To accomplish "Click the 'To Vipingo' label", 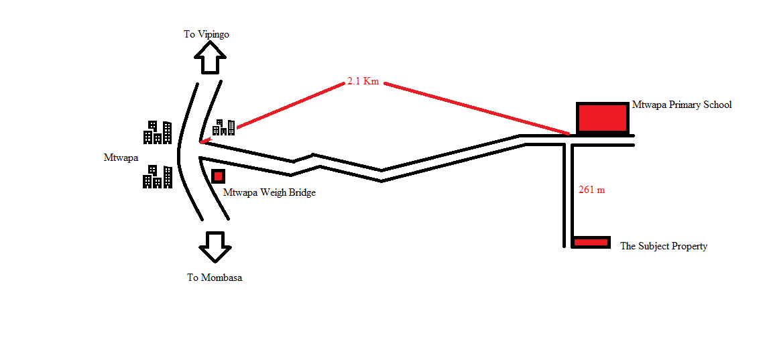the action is (207, 34).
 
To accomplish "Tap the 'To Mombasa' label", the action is (215, 278).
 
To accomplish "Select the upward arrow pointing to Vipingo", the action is (211, 57).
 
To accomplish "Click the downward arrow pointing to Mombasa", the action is (215, 247).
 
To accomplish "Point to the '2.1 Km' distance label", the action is (363, 82).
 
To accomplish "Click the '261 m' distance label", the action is (591, 190).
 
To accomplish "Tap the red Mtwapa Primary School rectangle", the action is (602, 118).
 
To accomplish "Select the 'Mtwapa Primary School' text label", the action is (682, 105).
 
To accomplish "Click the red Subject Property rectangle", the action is (591, 242).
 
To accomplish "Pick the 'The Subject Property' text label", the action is (664, 246).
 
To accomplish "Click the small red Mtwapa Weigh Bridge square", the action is (218, 176).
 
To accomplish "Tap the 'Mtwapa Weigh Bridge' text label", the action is (270, 192).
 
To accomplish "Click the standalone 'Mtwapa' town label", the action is (121, 158).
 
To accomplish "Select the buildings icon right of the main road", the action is (224, 127).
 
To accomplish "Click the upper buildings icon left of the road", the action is (157, 132).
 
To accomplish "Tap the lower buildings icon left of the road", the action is (157, 176).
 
